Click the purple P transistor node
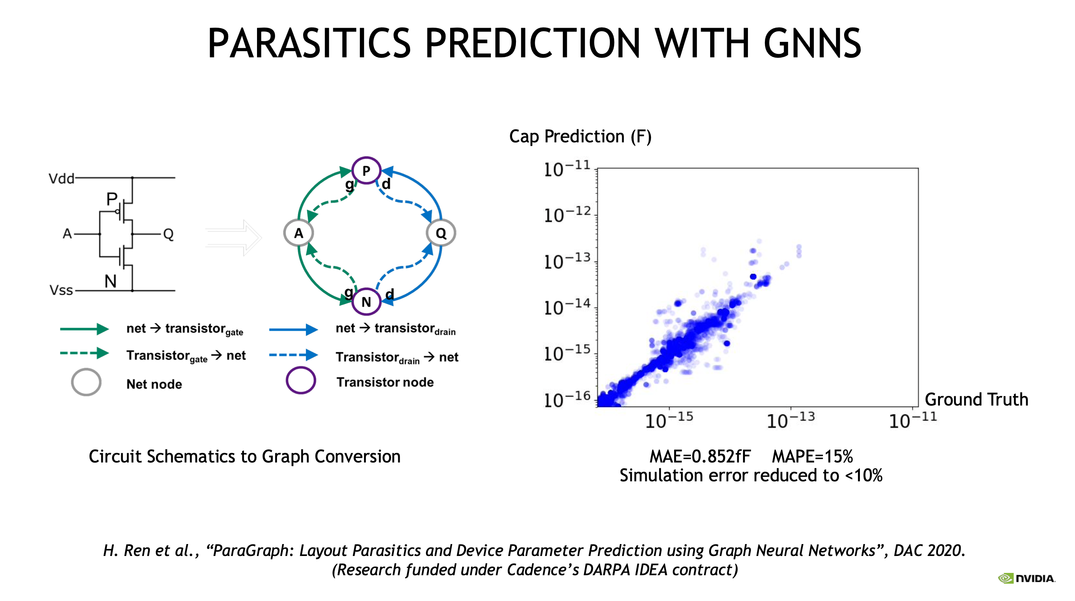tap(366, 170)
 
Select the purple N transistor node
tap(366, 301)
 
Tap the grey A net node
tap(299, 233)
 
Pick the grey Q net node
tap(441, 233)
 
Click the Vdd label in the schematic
tap(61, 179)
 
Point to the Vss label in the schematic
tap(61, 290)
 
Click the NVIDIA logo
tap(1026, 578)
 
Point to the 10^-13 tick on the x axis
tap(790, 420)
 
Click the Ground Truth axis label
tap(977, 399)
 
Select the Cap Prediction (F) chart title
tap(580, 137)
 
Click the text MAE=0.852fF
tap(700, 456)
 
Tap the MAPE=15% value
tap(812, 456)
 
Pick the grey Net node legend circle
tap(86, 382)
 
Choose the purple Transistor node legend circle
tap(300, 380)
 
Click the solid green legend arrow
tap(84, 329)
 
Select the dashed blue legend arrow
tap(293, 355)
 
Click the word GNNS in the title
tap(812, 43)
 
